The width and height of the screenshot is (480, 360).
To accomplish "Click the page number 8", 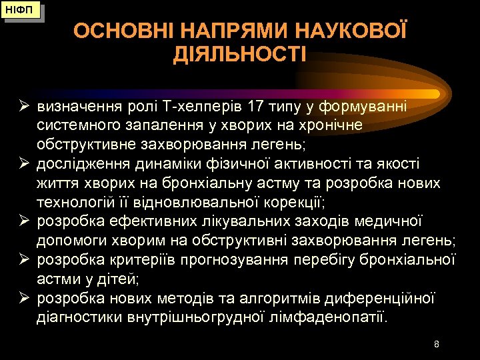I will coord(436,345).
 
